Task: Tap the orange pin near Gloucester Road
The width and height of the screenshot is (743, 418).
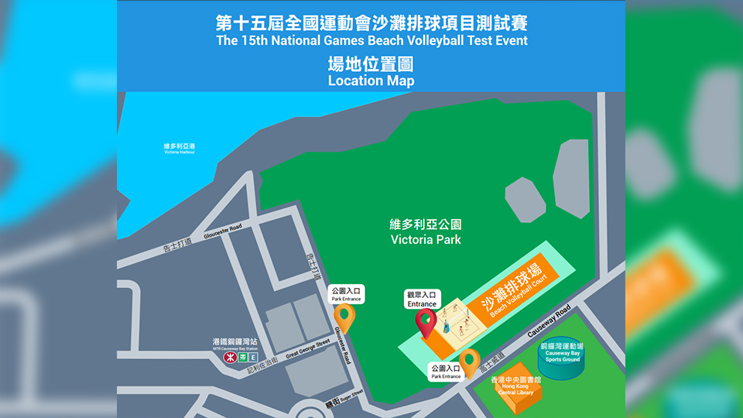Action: coord(344,317)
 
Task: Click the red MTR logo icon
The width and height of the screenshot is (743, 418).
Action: coord(230,358)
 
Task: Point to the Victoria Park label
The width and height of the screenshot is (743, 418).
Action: coord(426,232)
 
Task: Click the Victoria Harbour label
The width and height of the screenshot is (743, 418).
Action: coord(180,148)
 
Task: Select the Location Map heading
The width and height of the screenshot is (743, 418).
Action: coord(371,81)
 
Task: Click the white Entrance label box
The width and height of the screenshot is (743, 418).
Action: coord(423,300)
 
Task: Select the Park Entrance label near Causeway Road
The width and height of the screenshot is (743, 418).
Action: coord(446,372)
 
